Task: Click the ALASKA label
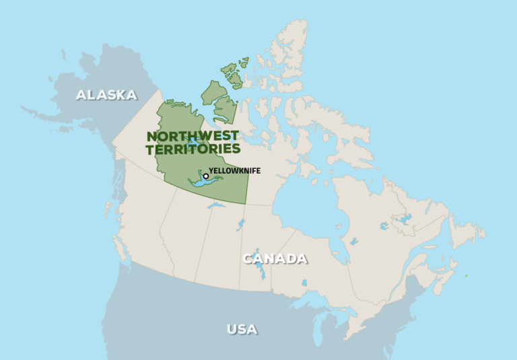point(106,95)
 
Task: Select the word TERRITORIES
point(193,149)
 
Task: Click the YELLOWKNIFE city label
point(234,171)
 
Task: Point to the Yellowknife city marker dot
point(205,176)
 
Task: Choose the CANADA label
point(275,258)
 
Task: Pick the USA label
point(242,329)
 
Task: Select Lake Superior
point(316,296)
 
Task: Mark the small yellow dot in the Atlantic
point(467,275)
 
